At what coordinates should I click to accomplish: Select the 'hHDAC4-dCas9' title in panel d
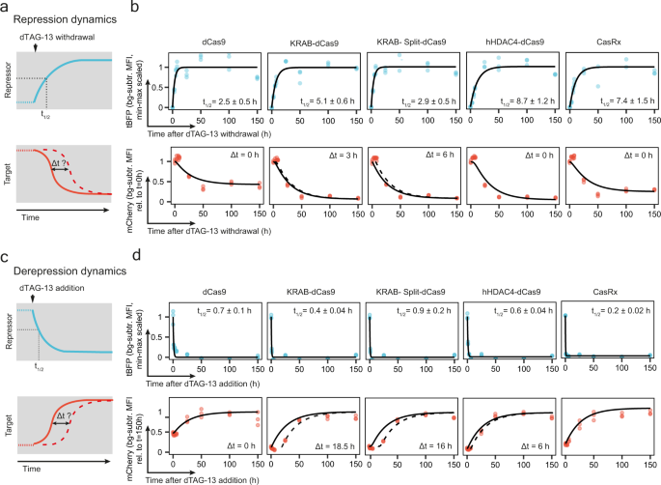pos(505,286)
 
